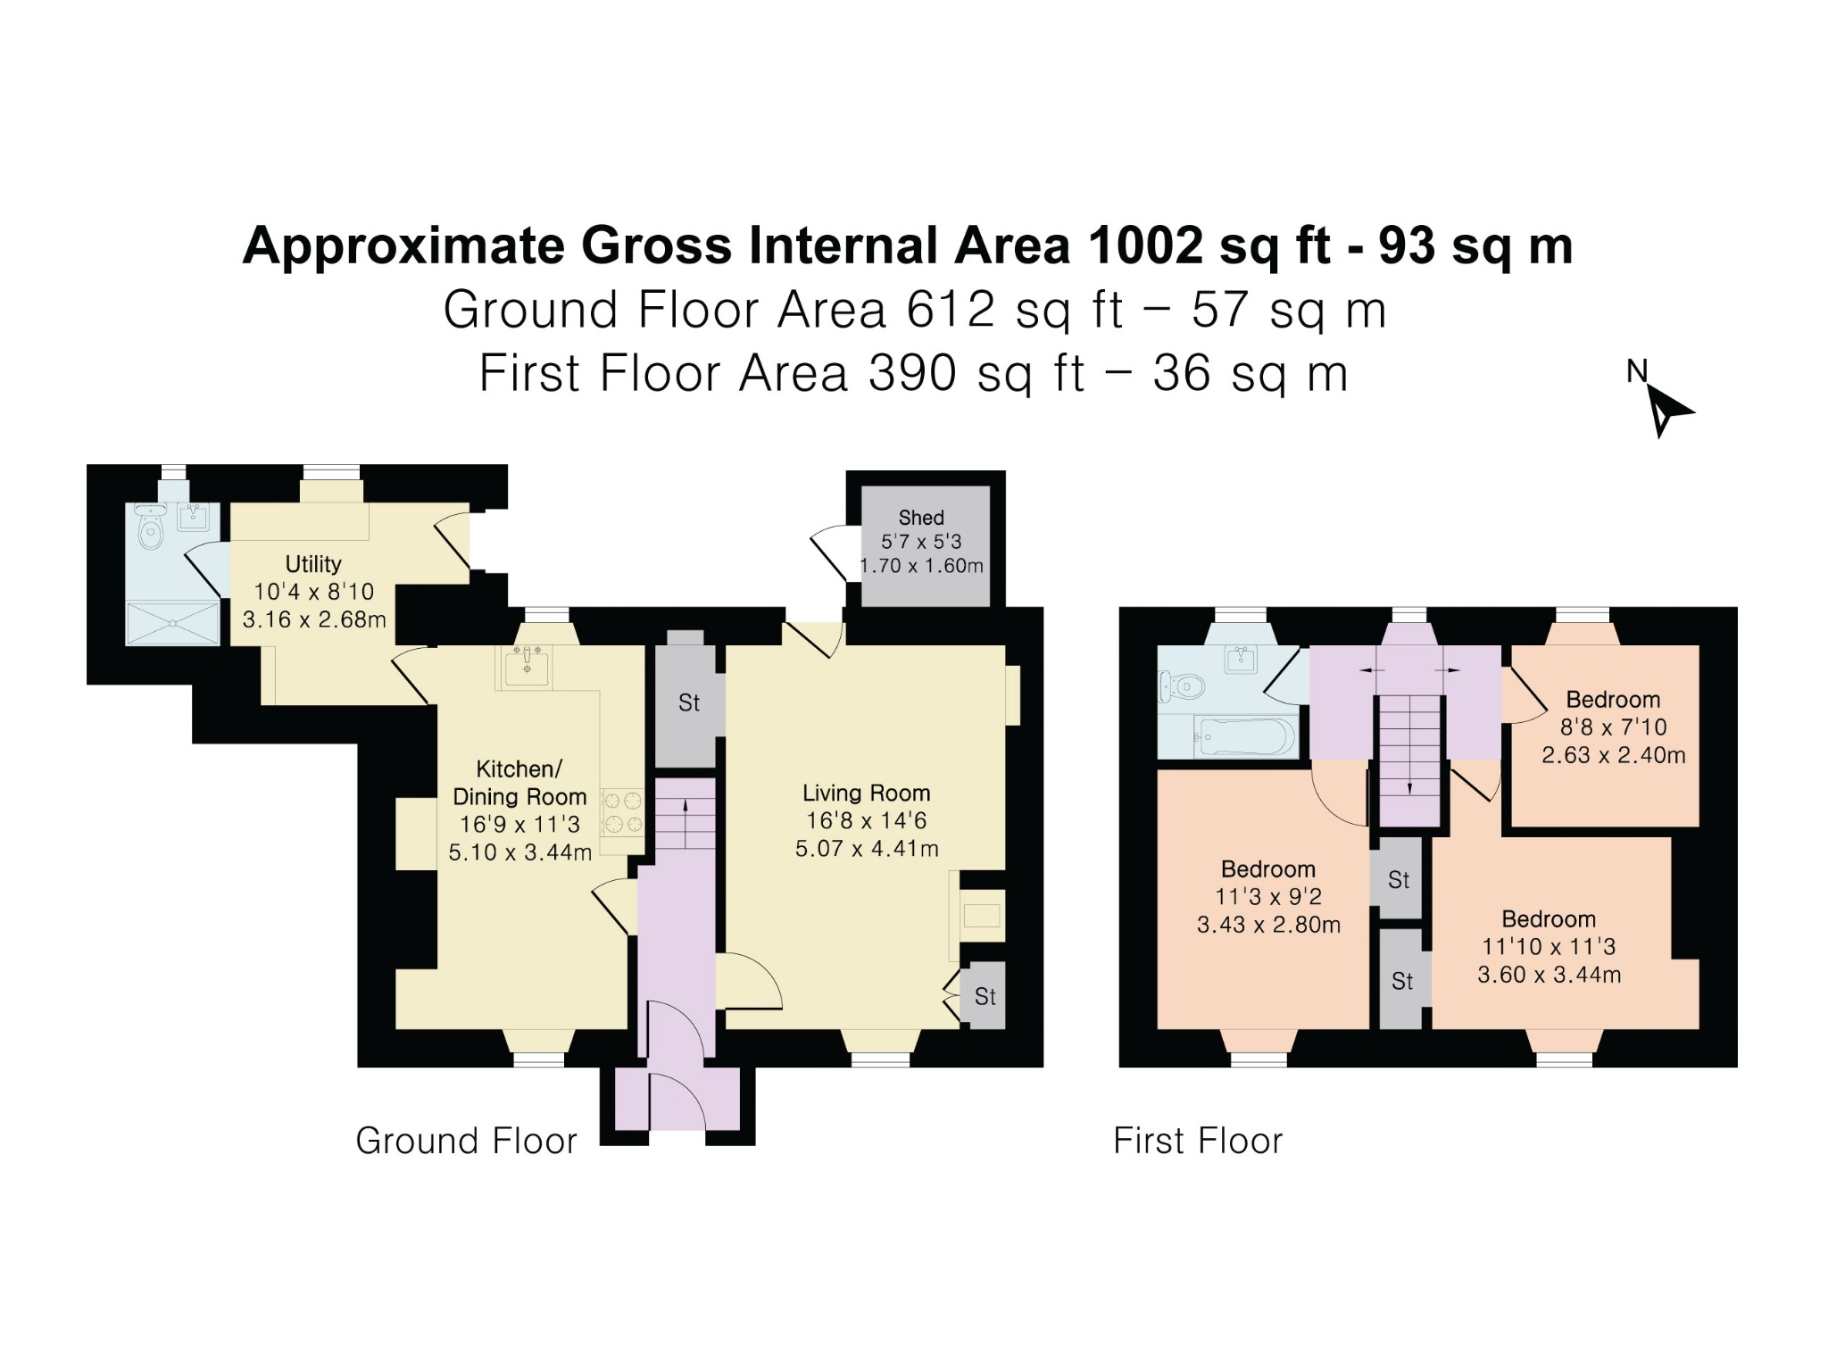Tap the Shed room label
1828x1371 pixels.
(921, 518)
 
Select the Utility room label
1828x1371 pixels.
(313, 564)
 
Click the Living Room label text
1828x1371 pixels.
(867, 793)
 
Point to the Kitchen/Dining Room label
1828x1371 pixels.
(519, 783)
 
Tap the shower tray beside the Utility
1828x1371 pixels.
(172, 623)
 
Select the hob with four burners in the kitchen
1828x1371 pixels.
(622, 811)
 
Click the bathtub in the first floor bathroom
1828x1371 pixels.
(1244, 737)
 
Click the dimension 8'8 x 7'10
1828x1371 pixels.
(1613, 727)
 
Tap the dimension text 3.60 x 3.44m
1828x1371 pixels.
(1549, 975)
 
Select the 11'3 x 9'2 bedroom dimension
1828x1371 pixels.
(1268, 897)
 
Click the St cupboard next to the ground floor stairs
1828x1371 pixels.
(688, 702)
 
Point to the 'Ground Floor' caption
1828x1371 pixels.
(466, 1141)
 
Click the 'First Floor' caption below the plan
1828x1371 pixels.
(1198, 1141)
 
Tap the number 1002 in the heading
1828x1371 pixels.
(1145, 245)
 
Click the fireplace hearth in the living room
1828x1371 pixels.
(982, 915)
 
